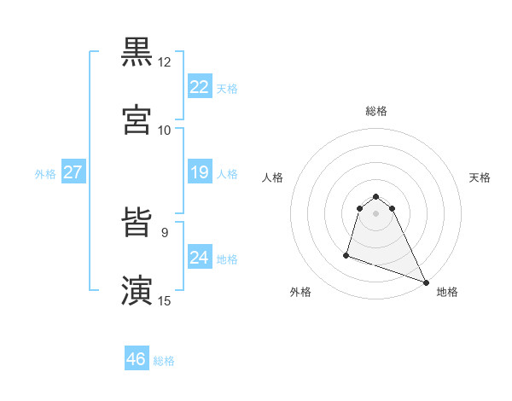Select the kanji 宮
coord(137,120)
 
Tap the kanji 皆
coord(137,224)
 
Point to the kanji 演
coord(137,291)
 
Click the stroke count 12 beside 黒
coord(165,62)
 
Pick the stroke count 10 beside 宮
coord(165,131)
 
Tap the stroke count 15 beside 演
coord(165,301)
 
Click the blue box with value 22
coord(199,87)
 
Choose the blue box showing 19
coord(199,173)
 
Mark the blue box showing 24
coord(199,258)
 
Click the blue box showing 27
coord(73,173)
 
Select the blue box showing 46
coord(137,359)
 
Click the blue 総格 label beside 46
coord(164,361)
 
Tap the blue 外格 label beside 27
coord(45,174)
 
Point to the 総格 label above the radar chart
coord(376,111)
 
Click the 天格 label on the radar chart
coord(480,177)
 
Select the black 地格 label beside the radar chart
coord(447,293)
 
